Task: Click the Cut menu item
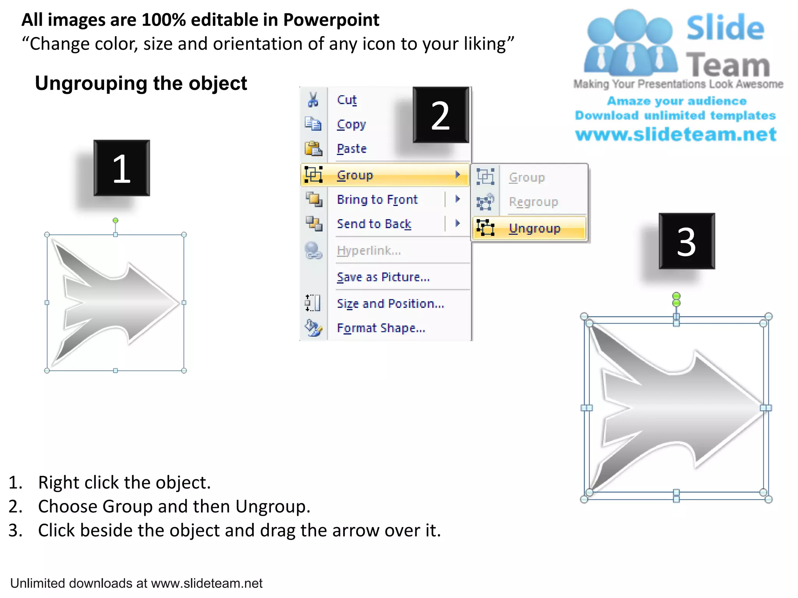tap(346, 100)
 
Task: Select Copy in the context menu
tap(351, 125)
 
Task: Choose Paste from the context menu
tap(351, 149)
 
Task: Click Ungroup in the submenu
tap(534, 229)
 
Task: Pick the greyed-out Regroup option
tap(533, 202)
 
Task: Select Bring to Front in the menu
tap(377, 200)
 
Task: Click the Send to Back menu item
tap(374, 224)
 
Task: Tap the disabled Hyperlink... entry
tap(369, 251)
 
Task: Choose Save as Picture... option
tap(383, 277)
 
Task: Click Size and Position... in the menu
tap(390, 304)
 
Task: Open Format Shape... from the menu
tap(381, 328)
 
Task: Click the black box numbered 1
tap(122, 168)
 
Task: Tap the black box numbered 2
tap(441, 115)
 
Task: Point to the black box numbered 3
tap(687, 241)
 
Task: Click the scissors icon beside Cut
tap(313, 100)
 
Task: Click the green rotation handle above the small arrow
tap(115, 221)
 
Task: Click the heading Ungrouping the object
tap(141, 83)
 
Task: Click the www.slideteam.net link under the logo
tap(676, 134)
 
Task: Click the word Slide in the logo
tap(725, 28)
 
